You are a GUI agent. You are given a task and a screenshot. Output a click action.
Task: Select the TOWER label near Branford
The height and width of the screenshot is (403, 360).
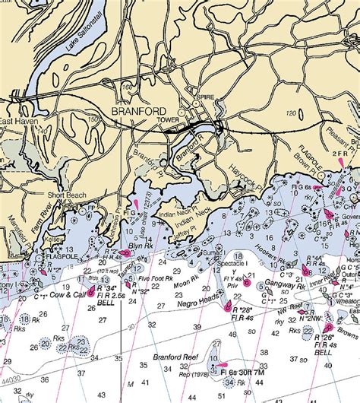(x=168, y=120)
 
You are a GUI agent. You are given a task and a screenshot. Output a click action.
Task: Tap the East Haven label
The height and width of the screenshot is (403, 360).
(x=17, y=120)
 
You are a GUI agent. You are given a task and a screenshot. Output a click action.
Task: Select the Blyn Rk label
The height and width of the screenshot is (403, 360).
(x=141, y=247)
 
